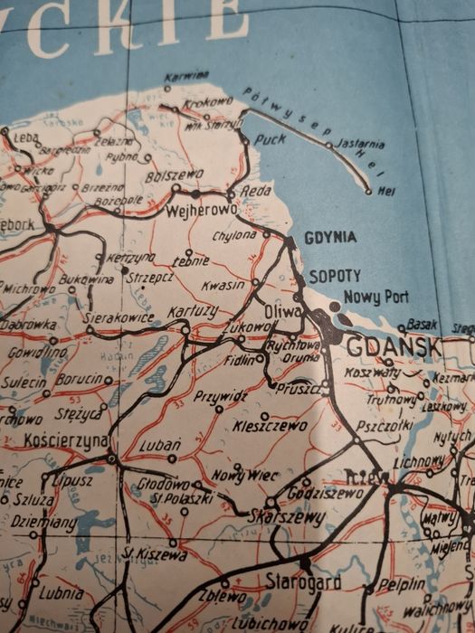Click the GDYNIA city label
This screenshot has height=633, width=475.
(x=330, y=238)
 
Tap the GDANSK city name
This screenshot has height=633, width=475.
(x=393, y=346)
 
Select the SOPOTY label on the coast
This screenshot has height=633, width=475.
(x=335, y=275)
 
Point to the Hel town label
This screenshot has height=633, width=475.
(x=386, y=191)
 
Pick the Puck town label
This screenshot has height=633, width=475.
(x=270, y=139)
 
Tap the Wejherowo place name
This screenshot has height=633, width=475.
(x=202, y=210)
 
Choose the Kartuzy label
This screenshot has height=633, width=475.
(x=193, y=311)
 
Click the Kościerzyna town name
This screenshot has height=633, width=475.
(x=67, y=440)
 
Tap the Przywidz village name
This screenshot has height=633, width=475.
(x=220, y=395)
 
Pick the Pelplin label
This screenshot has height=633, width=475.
(x=399, y=584)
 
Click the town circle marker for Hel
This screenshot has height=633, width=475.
(x=368, y=192)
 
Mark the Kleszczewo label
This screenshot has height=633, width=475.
(x=270, y=424)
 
